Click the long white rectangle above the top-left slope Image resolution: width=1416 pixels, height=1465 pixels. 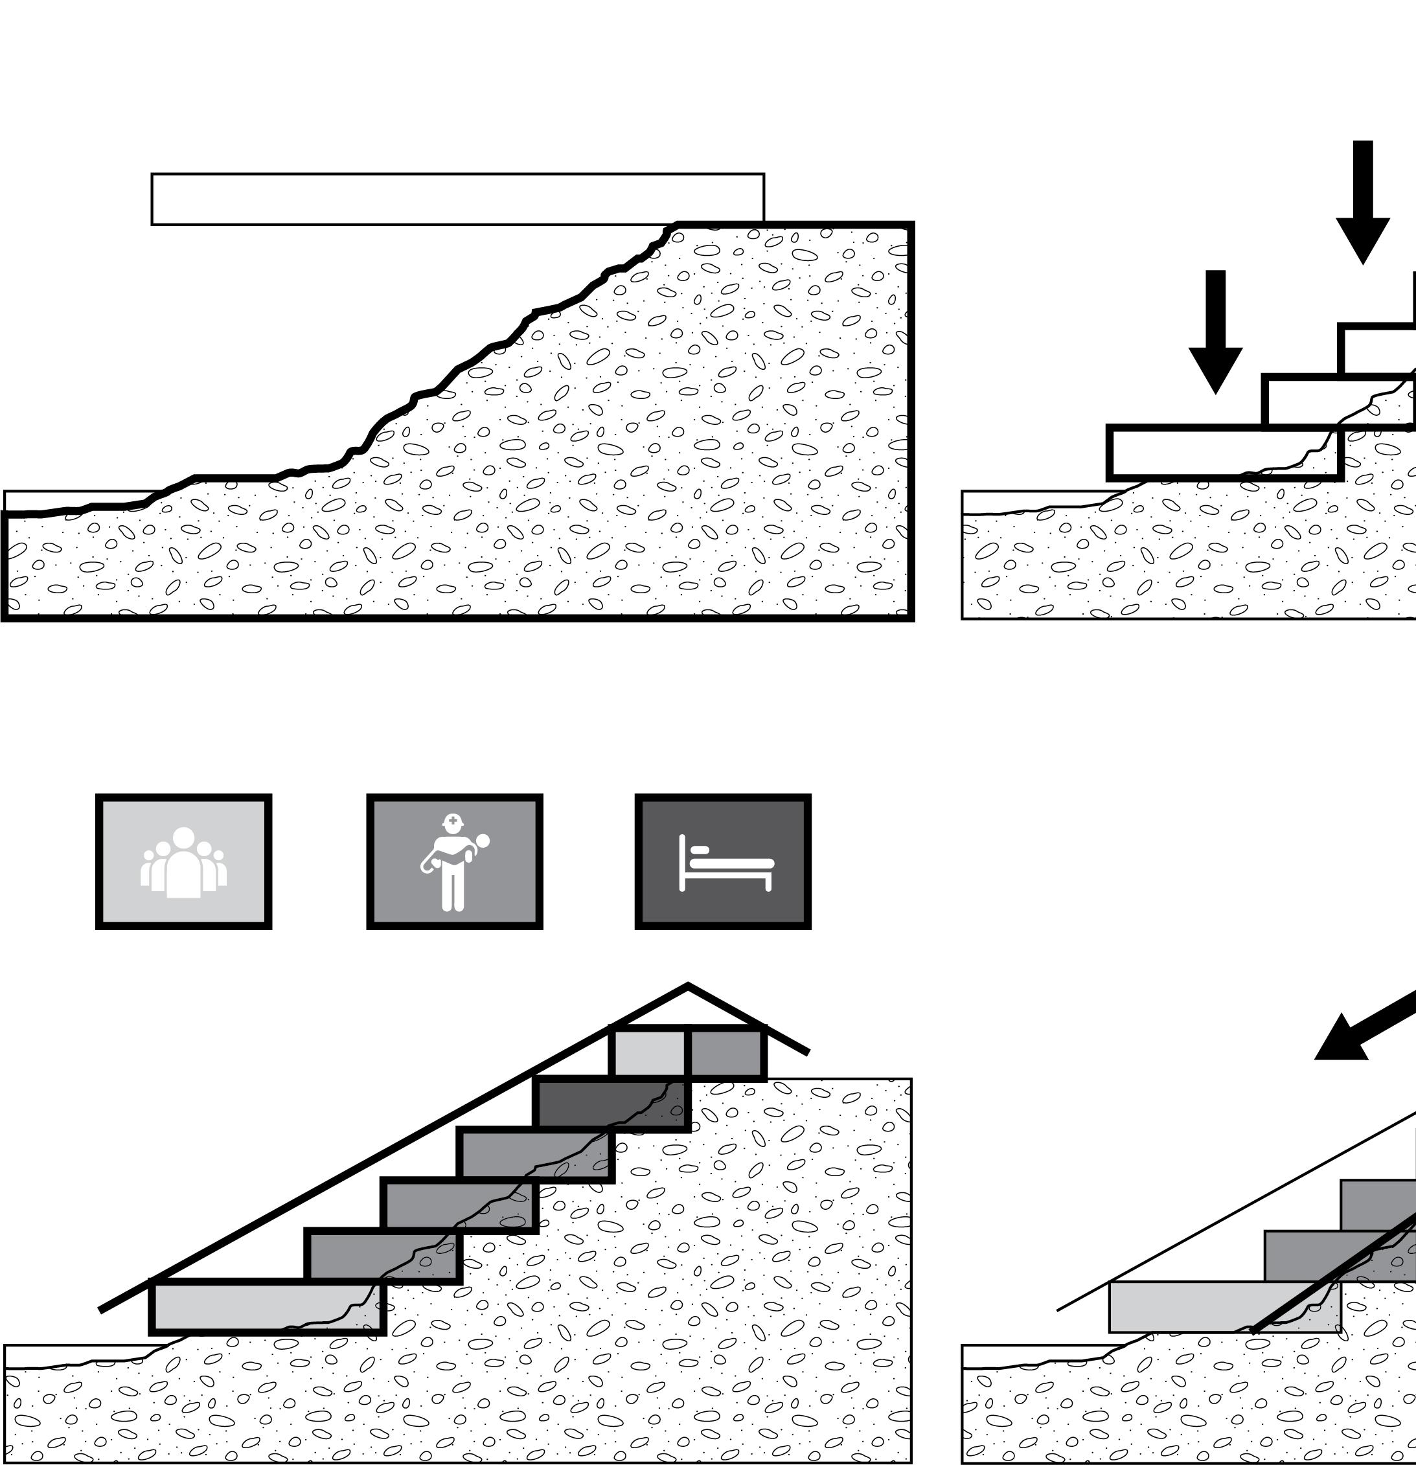point(457,199)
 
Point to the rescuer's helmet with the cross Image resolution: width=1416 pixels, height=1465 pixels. point(452,822)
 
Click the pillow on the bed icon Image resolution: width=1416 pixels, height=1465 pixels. point(700,850)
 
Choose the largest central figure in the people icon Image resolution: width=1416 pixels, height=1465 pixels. point(183,867)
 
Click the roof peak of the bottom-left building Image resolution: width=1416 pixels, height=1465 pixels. point(688,986)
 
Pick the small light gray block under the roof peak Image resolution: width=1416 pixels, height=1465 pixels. point(648,1052)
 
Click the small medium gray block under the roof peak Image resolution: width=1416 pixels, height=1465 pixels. point(726,1052)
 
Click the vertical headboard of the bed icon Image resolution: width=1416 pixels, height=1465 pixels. point(682,863)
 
